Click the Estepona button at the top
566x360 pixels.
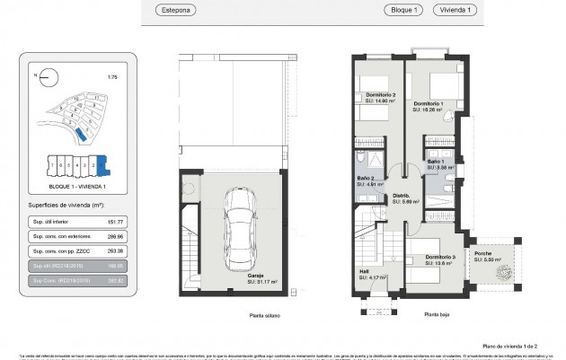point(175,10)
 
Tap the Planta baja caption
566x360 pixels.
point(437,315)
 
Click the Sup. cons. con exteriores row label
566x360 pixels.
point(58,236)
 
